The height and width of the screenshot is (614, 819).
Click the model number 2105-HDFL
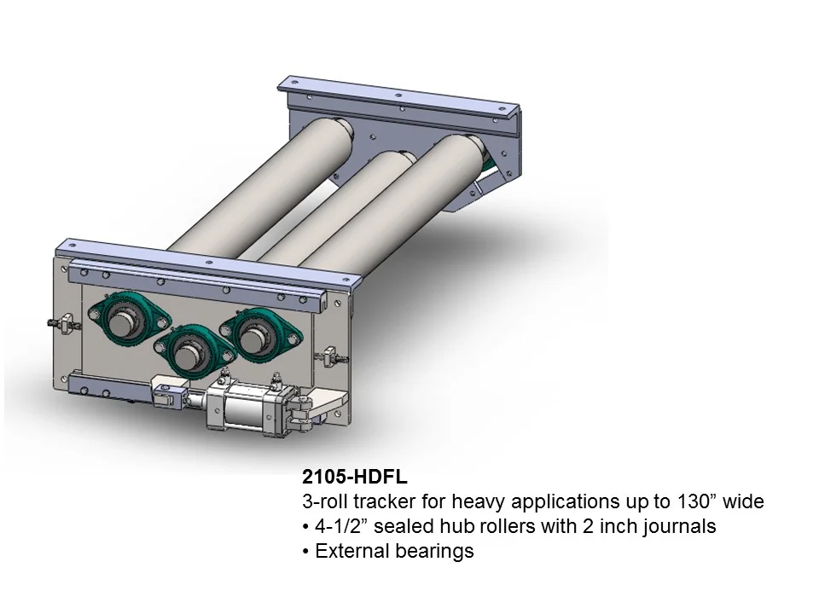click(x=348, y=477)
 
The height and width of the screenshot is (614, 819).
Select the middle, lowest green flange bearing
click(x=189, y=349)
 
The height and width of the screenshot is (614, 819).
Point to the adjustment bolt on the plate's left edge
click(x=58, y=324)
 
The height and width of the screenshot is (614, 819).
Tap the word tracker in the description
click(x=386, y=501)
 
